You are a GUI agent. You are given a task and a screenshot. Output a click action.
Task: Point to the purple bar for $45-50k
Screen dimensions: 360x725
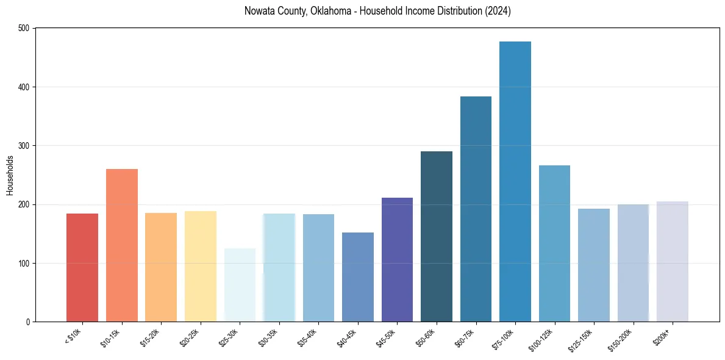click(397, 259)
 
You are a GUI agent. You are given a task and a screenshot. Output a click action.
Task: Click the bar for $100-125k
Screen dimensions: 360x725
click(554, 243)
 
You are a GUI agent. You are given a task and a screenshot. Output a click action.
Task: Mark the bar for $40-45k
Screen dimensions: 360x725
click(358, 277)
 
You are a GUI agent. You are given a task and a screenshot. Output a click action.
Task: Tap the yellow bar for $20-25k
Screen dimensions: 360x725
click(201, 266)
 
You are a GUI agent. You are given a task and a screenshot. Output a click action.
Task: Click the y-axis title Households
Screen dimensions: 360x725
click(10, 175)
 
